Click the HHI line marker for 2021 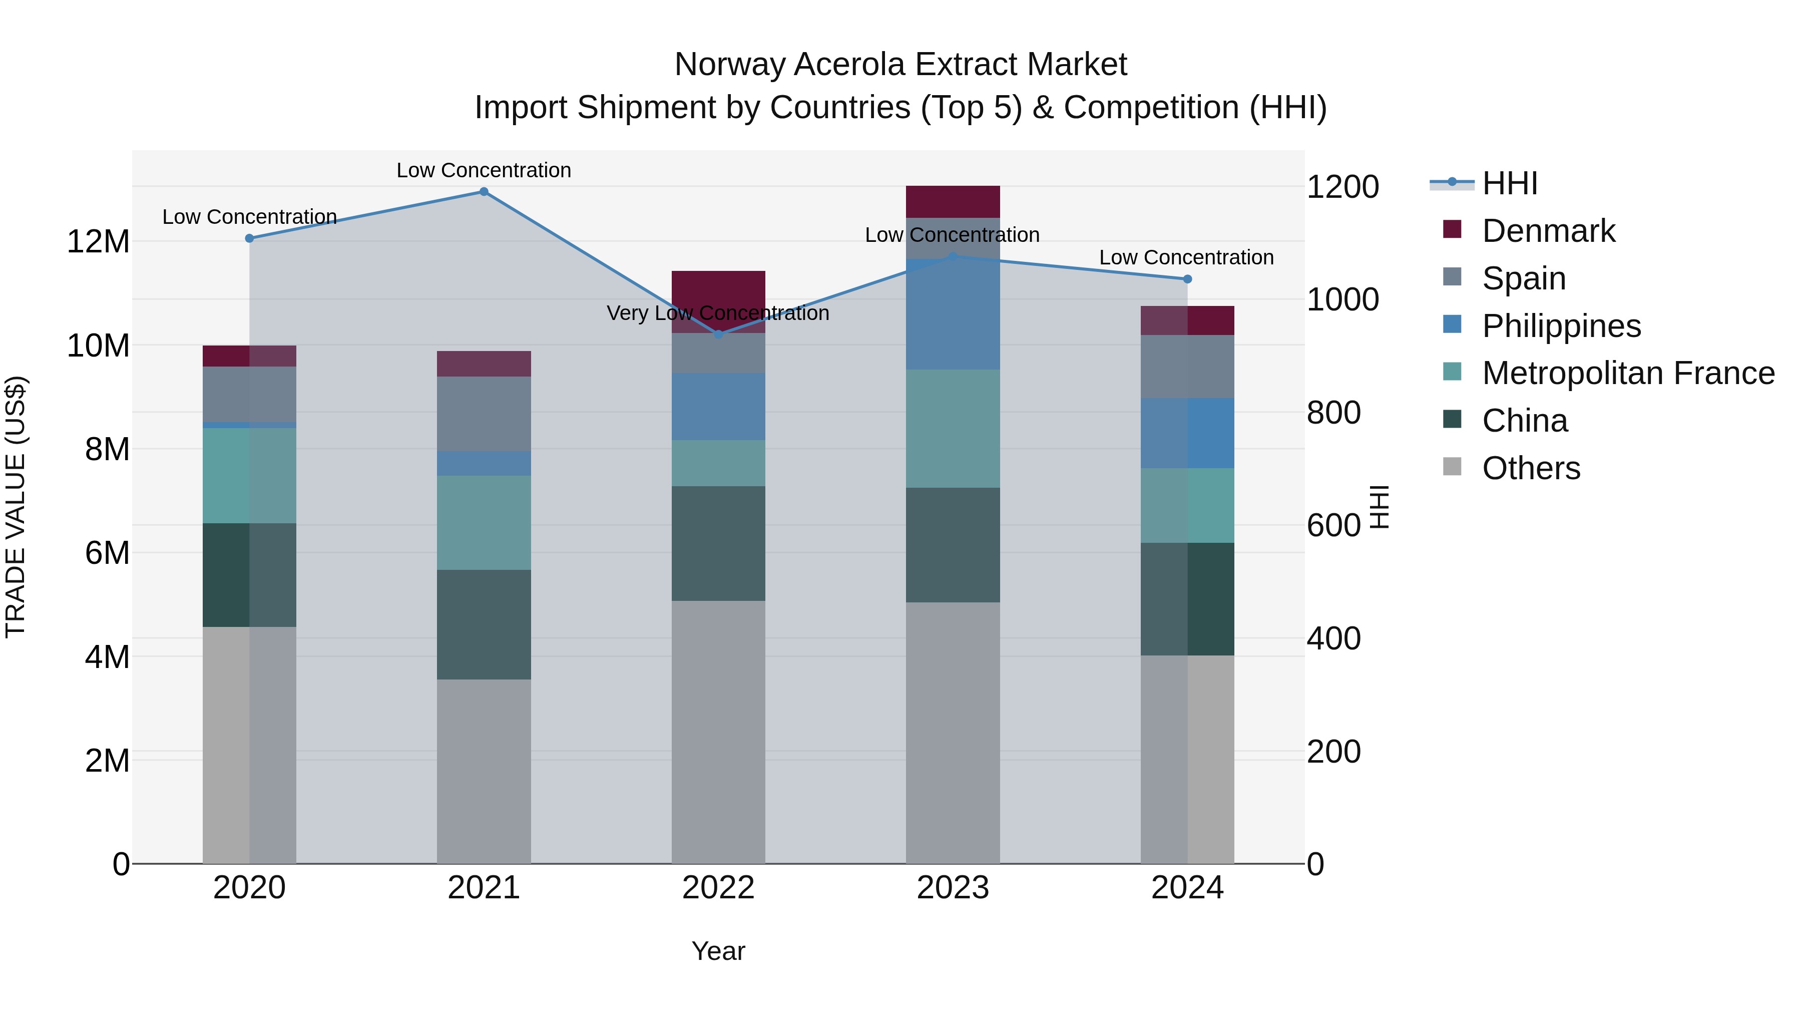tap(484, 192)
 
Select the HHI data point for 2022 tap(718, 334)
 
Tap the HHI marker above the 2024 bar tap(1187, 279)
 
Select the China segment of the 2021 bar tap(484, 624)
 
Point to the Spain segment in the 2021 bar tap(484, 414)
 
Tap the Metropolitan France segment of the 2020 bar tap(249, 476)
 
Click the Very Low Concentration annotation tap(718, 313)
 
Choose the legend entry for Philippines tap(1561, 326)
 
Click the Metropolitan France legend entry tap(1628, 374)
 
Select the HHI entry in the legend tap(1510, 183)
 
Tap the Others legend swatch tap(1452, 467)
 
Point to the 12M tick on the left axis tap(98, 242)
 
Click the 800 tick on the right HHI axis tap(1333, 413)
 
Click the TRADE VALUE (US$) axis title tap(16, 507)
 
